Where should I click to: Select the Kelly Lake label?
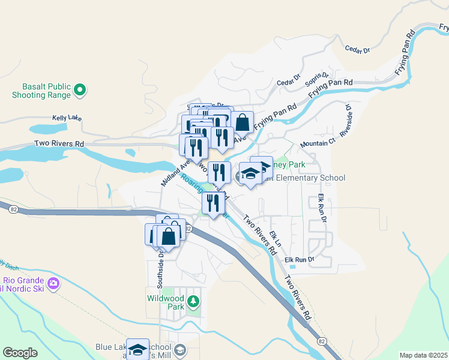tap(67, 118)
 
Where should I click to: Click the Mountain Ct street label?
tap(318, 143)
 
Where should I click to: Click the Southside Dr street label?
tap(161, 262)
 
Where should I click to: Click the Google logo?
tap(20, 353)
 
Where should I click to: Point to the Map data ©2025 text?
tap(424, 355)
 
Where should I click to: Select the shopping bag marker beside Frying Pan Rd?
tap(242, 122)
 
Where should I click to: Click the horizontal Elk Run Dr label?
tap(300, 259)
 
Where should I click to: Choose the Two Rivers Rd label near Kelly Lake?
tap(59, 144)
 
